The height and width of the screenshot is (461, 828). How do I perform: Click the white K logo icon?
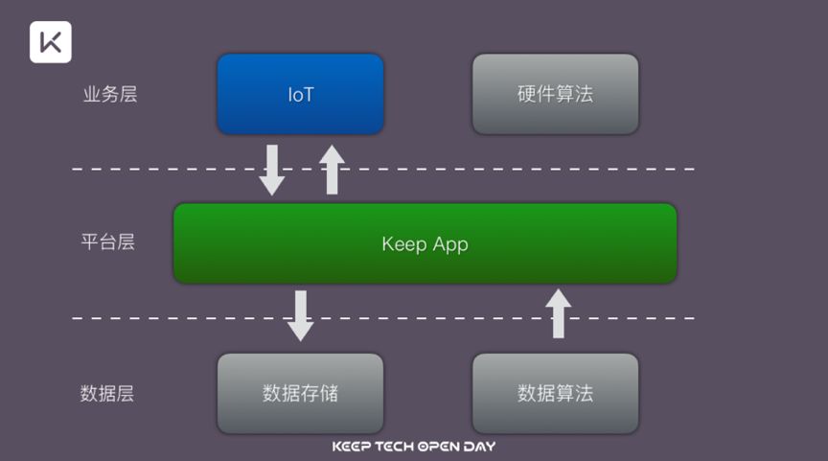pyautogui.click(x=51, y=42)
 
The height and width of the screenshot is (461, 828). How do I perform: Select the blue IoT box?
pyautogui.click(x=300, y=94)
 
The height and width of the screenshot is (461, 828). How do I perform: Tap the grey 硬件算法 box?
pyautogui.click(x=555, y=94)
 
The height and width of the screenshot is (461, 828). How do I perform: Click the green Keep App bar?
pyautogui.click(x=425, y=243)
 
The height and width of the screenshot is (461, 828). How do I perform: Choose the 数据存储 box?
pyautogui.click(x=300, y=393)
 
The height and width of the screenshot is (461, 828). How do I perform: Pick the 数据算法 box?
pyautogui.click(x=555, y=393)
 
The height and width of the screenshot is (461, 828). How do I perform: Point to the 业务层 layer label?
pyautogui.click(x=109, y=95)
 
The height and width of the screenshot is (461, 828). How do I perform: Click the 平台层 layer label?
pyautogui.click(x=107, y=242)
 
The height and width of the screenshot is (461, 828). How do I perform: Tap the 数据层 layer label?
pyautogui.click(x=107, y=393)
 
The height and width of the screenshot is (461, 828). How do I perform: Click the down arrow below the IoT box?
pyautogui.click(x=272, y=170)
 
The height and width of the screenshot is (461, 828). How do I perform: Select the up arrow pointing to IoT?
pyautogui.click(x=332, y=170)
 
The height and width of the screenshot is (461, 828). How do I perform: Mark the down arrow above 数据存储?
pyautogui.click(x=301, y=315)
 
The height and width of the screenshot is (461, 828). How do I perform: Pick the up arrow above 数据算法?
pyautogui.click(x=559, y=313)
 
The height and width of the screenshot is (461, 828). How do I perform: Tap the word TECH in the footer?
pyautogui.click(x=395, y=447)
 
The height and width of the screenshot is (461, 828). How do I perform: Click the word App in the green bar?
pyautogui.click(x=449, y=244)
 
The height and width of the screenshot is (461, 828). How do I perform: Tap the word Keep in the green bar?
pyautogui.click(x=402, y=243)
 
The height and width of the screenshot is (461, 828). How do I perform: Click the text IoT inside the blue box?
pyautogui.click(x=300, y=95)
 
